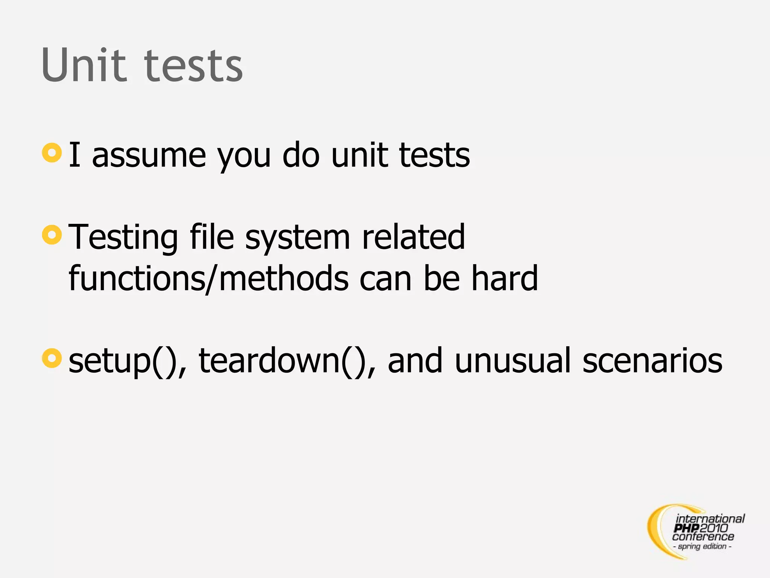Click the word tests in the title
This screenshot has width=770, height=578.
pos(194,67)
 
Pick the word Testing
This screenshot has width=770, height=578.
pos(124,238)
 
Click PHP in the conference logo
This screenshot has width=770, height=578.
pos(687,528)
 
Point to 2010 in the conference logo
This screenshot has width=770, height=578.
pos(714,528)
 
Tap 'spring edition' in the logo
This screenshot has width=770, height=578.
pos(702,546)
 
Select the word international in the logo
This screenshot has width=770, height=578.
pos(710,519)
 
